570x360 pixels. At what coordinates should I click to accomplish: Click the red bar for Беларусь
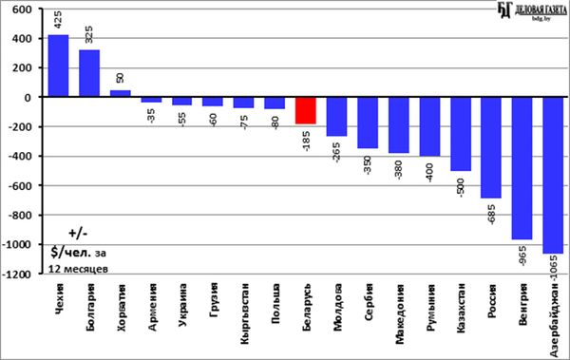[305, 110]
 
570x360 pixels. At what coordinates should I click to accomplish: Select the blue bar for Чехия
[59, 66]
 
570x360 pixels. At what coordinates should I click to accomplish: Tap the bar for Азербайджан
[553, 176]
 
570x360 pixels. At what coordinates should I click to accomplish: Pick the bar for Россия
[491, 147]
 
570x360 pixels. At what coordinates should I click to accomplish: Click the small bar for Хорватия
[121, 93]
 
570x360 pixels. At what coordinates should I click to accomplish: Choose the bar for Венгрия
[522, 168]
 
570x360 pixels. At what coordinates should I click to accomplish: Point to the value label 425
[58, 20]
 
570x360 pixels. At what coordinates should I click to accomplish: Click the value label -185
[306, 142]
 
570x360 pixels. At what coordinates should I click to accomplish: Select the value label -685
[491, 215]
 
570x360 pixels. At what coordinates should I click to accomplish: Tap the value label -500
[461, 188]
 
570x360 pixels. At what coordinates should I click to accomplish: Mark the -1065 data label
[553, 269]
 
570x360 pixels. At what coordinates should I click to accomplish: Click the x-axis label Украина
[183, 305]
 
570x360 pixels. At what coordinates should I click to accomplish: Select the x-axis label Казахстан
[461, 308]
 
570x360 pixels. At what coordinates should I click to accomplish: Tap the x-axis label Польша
[275, 304]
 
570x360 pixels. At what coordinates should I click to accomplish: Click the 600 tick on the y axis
[22, 9]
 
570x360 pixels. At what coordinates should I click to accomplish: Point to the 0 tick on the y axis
[28, 98]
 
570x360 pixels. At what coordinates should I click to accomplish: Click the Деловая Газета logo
[531, 10]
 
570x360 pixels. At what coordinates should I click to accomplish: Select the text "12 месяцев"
[78, 270]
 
